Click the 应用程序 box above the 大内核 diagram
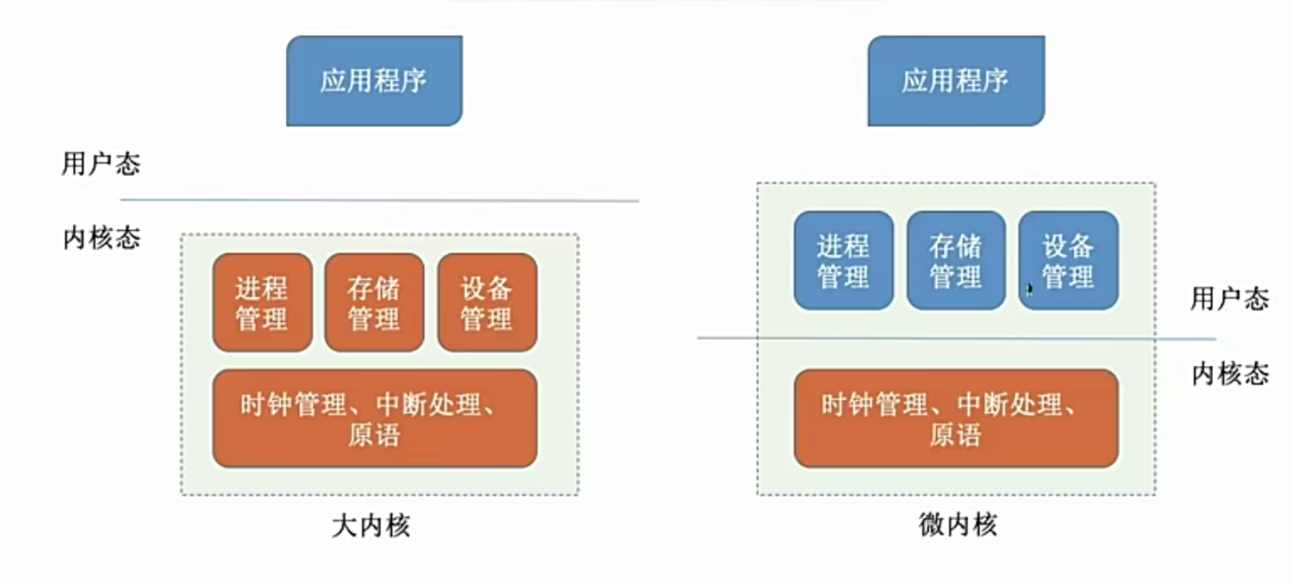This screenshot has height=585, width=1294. pyautogui.click(x=374, y=81)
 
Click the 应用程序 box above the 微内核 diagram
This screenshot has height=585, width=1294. pyautogui.click(x=955, y=81)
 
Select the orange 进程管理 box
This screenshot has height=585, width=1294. pyautogui.click(x=262, y=302)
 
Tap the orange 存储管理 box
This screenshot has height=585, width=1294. pyautogui.click(x=374, y=302)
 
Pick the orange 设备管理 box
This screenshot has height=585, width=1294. pyautogui.click(x=486, y=302)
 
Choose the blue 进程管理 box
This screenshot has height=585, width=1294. pyautogui.click(x=844, y=260)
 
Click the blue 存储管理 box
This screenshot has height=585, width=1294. pyautogui.click(x=955, y=260)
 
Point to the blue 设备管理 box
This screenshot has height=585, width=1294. pyautogui.click(x=1068, y=260)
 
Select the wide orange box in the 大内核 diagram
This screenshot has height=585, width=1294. pyautogui.click(x=375, y=418)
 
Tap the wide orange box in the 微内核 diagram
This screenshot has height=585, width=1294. pyautogui.click(x=955, y=418)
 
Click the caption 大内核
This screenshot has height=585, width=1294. pyautogui.click(x=371, y=525)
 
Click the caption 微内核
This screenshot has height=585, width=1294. pyautogui.click(x=958, y=523)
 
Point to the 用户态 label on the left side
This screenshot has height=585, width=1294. pyautogui.click(x=101, y=163)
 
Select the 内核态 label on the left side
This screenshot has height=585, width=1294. pyautogui.click(x=101, y=238)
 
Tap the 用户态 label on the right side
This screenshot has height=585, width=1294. pyautogui.click(x=1229, y=298)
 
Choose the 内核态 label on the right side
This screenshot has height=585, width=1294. pyautogui.click(x=1229, y=373)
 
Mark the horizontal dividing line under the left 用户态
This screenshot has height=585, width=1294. pyautogui.click(x=379, y=200)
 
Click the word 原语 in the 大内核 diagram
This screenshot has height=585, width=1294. pyautogui.click(x=374, y=435)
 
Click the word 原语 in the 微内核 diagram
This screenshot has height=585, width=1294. pyautogui.click(x=955, y=435)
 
